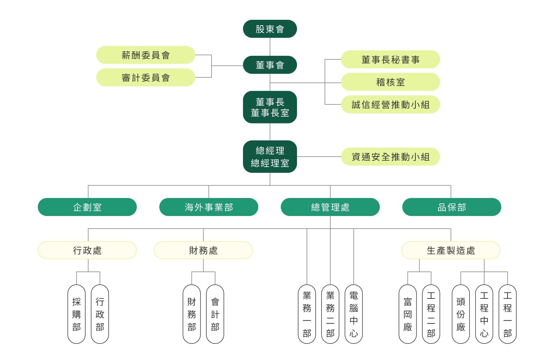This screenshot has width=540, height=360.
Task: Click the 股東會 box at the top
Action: point(270,29)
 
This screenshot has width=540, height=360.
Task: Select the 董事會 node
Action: point(270,65)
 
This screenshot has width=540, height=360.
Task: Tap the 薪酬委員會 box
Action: point(145,55)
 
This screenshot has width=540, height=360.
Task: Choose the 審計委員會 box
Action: point(145,77)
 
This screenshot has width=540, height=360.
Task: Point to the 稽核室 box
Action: point(390,82)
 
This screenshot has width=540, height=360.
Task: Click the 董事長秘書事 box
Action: point(390,59)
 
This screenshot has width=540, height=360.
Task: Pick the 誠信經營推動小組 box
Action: point(390,104)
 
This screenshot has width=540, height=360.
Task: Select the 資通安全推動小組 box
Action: point(390,157)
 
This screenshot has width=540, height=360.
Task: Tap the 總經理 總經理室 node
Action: point(270,157)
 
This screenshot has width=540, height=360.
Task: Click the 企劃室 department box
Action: point(87,207)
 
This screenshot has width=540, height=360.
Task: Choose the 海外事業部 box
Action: point(209,207)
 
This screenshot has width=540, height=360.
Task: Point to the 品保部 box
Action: point(451,207)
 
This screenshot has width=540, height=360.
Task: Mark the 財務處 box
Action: point(203,250)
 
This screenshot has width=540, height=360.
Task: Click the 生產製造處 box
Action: point(451,250)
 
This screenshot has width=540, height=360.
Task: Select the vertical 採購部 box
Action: point(76,314)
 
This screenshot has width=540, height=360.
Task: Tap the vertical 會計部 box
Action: point(215,314)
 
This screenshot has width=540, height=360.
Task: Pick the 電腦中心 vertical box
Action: point(354,314)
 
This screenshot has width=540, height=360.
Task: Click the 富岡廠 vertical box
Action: point(408,314)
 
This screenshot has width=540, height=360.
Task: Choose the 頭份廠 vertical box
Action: point(461,314)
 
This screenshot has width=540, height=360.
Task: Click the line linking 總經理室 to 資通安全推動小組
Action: point(319,157)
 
